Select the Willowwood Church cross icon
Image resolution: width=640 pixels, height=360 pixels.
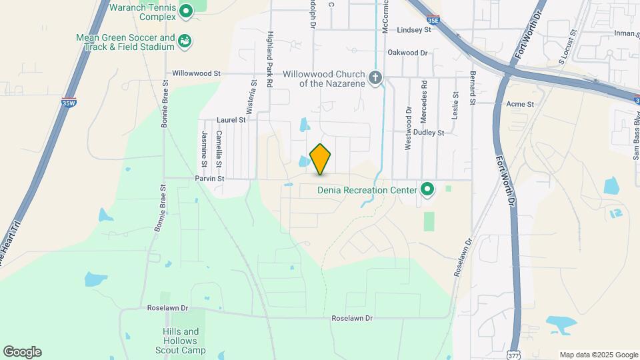[375, 79]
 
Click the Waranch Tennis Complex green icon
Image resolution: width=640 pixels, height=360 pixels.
[186, 10]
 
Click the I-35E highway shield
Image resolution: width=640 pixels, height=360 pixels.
[433, 20]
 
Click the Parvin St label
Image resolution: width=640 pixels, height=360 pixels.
[209, 179]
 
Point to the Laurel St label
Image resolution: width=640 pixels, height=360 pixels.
[231, 121]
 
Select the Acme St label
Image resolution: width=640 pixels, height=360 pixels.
[520, 104]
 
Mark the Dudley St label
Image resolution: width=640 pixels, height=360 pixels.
[429, 133]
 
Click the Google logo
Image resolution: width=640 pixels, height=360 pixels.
[22, 352]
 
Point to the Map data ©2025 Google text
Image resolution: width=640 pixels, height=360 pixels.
[598, 355]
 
